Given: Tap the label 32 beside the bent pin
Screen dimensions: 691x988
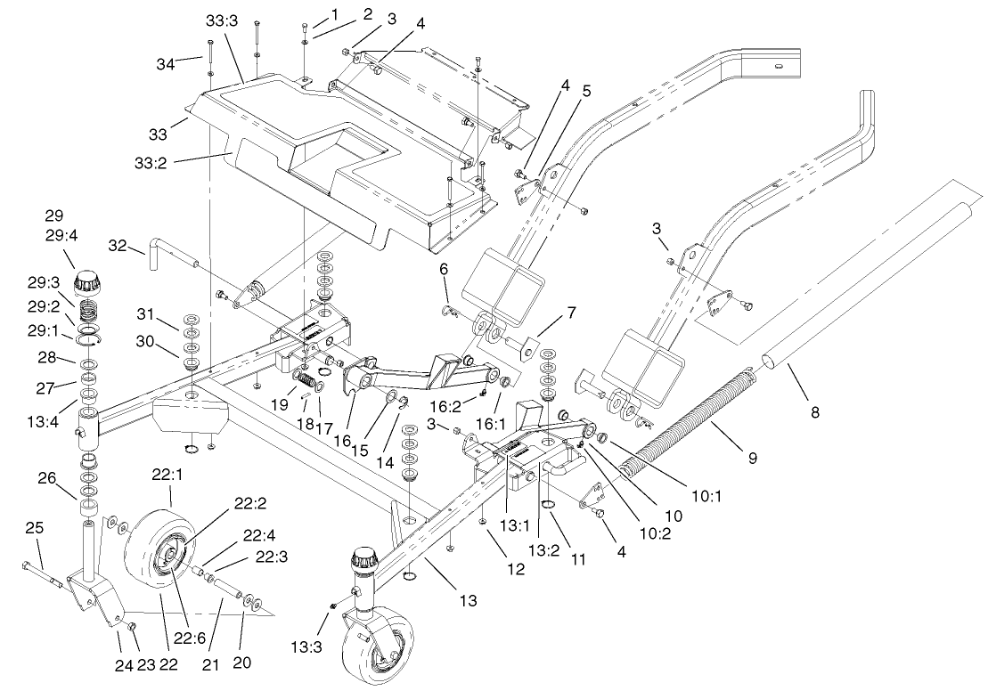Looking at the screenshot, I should click(118, 245).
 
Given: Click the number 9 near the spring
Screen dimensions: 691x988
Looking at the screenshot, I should click(753, 458).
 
